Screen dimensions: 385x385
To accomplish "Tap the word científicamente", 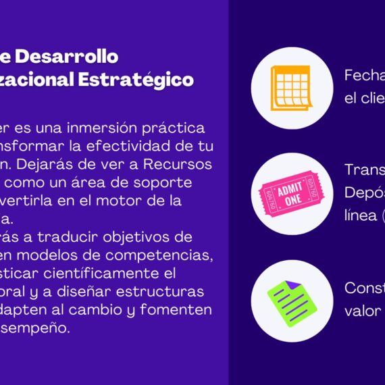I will tap(111, 274).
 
